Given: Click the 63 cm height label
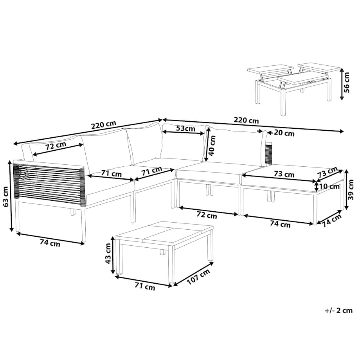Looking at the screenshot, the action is point(6,196).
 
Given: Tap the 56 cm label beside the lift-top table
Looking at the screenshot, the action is point(347,82).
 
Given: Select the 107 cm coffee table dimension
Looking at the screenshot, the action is point(199,277).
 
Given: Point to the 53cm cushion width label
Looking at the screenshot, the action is point(185,128).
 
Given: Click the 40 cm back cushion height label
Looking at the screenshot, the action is point(212,145).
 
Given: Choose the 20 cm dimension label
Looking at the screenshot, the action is point(284,133).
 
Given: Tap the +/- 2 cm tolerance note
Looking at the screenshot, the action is point(338,311).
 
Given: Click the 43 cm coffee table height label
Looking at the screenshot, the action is point(108,253).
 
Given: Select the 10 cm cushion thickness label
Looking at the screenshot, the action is point(329,186).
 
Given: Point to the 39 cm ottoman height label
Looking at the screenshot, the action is point(351,190).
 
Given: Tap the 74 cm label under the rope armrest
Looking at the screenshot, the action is point(50,243).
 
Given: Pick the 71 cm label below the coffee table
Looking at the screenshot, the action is point(145,286).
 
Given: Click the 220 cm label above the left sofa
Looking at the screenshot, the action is point(104,125).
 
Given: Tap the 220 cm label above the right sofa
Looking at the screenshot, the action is point(246,120).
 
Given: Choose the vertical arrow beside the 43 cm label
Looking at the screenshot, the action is point(113,255).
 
